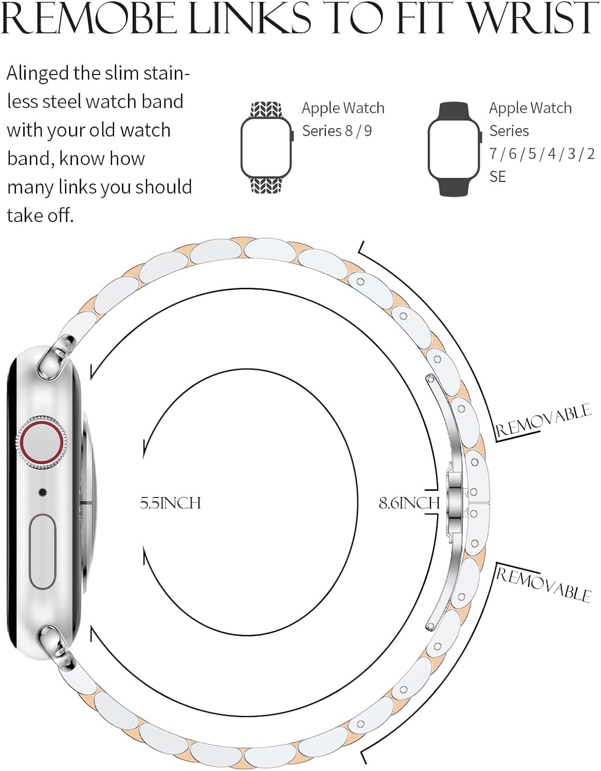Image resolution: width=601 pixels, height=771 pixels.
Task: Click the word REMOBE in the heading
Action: point(89,18)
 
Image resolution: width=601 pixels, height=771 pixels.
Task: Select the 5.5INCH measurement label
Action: point(170,503)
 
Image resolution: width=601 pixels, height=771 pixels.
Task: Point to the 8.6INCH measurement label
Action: point(409,503)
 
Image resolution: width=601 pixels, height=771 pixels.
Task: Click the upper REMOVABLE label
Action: point(543,420)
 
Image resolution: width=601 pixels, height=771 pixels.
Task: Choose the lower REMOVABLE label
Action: point(543,584)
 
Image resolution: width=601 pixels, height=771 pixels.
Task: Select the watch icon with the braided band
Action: point(267,148)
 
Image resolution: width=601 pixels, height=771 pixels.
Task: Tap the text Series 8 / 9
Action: point(337,131)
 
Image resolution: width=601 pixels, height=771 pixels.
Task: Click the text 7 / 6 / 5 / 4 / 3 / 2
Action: point(542,154)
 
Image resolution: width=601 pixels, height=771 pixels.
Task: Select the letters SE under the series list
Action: point(497,176)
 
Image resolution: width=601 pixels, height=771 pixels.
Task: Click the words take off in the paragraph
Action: point(40,215)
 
